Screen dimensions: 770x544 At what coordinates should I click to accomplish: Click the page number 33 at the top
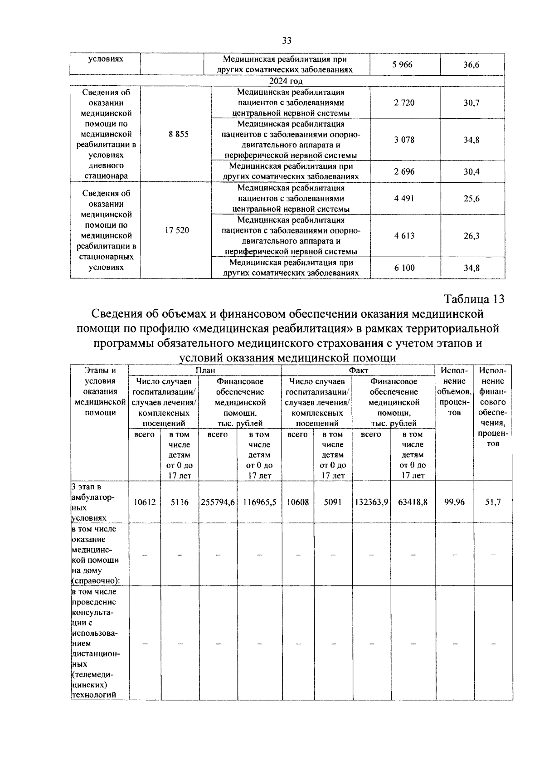[x=287, y=41]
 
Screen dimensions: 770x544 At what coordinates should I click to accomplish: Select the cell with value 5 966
[x=403, y=64]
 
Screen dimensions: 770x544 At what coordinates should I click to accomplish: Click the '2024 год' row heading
[x=286, y=81]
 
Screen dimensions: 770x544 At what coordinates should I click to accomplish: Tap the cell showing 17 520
[x=177, y=230]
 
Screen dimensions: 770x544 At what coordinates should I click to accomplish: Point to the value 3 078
[x=404, y=140]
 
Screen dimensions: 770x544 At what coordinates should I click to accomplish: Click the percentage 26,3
[x=471, y=236]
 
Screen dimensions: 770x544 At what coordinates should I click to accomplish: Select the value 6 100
[x=404, y=268]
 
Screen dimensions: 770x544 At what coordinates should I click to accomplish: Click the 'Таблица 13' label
[x=474, y=299]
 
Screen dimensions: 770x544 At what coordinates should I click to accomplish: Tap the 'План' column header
[x=205, y=370]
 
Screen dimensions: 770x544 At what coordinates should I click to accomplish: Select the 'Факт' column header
[x=358, y=370]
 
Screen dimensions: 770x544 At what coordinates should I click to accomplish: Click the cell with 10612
[x=145, y=502]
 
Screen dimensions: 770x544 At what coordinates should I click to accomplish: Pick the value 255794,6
[x=218, y=502]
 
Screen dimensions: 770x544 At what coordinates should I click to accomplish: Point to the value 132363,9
[x=371, y=502]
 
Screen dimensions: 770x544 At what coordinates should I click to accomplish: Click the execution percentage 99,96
[x=454, y=502]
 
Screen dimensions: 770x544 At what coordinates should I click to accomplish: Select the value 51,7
[x=493, y=502]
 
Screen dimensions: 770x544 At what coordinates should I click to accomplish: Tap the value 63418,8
[x=413, y=502]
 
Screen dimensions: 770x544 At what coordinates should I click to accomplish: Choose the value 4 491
[x=404, y=199]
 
